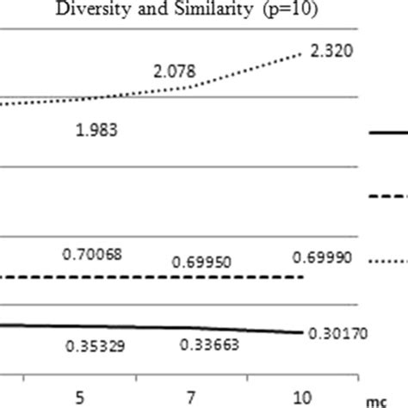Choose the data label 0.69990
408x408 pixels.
point(320,257)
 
